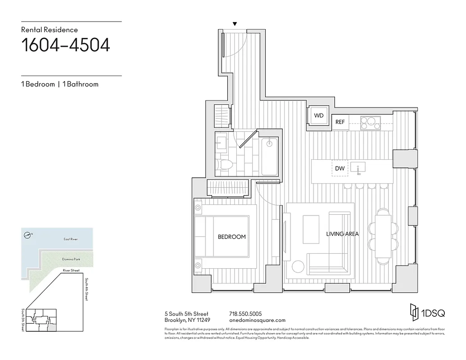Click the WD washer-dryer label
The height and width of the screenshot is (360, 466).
pyautogui.click(x=319, y=116)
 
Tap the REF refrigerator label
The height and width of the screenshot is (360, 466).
pyautogui.click(x=340, y=122)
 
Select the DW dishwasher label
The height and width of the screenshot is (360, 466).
pyautogui.click(x=340, y=168)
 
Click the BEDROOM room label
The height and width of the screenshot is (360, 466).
pyautogui.click(x=232, y=237)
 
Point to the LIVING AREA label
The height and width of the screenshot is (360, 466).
pyautogui.click(x=342, y=234)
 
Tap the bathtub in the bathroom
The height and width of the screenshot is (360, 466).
pyautogui.click(x=269, y=157)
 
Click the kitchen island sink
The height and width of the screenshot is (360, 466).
pyautogui.click(x=359, y=168)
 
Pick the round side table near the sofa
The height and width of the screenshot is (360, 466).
pyautogui.click(x=298, y=267)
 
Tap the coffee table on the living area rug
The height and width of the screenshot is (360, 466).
pyautogui.click(x=311, y=229)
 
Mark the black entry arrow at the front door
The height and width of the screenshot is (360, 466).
pyautogui.click(x=234, y=24)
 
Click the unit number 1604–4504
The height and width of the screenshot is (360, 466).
pyautogui.click(x=66, y=45)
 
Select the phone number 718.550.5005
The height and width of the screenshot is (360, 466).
pyautogui.click(x=245, y=314)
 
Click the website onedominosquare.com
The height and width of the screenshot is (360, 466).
pyautogui.click(x=257, y=320)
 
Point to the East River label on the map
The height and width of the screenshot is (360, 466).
pyautogui.click(x=70, y=239)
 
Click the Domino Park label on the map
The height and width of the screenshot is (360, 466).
pyautogui.click(x=70, y=260)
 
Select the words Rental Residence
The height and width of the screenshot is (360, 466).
pyautogui.click(x=50, y=30)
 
